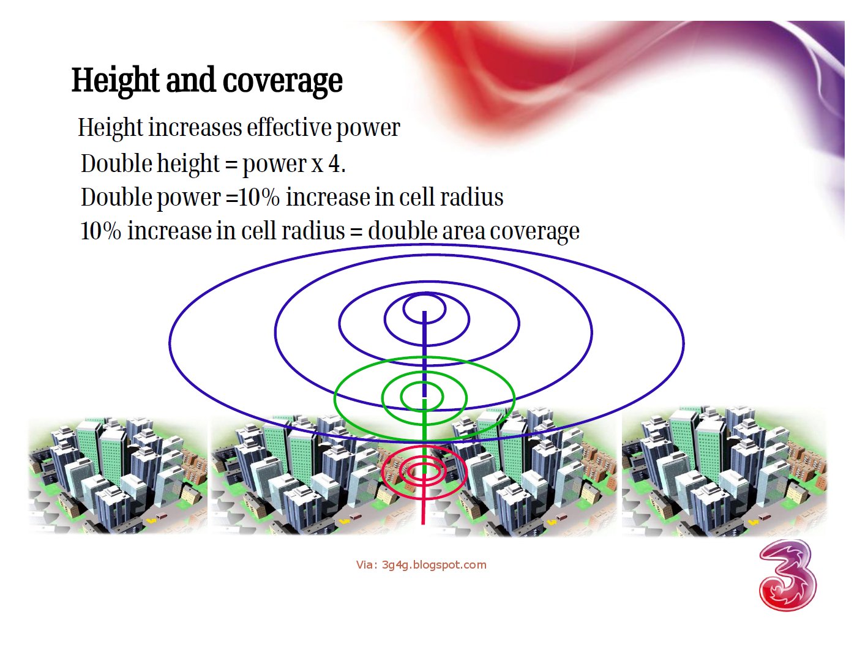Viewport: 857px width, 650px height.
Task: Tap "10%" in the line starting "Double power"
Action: click(x=259, y=198)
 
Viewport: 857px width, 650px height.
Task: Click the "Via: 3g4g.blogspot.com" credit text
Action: click(x=421, y=565)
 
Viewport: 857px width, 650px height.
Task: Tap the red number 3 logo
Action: click(x=787, y=575)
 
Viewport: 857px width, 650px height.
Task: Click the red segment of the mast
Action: click(x=423, y=490)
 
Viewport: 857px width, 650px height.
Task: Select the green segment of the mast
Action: click(x=424, y=422)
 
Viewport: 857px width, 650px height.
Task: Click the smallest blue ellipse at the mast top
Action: click(x=424, y=296)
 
